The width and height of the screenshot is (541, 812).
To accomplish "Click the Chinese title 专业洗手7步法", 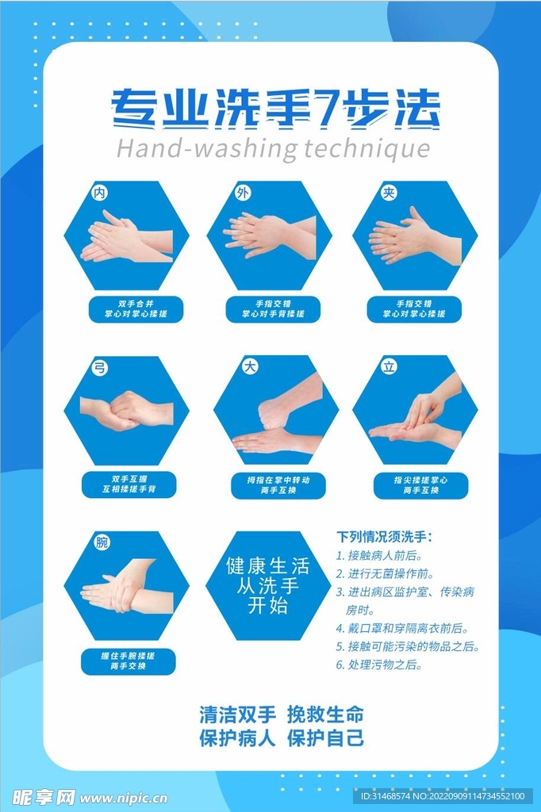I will click(x=274, y=109).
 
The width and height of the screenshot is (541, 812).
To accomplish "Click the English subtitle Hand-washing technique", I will click(x=274, y=148).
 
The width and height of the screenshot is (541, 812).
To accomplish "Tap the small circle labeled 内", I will click(x=100, y=193).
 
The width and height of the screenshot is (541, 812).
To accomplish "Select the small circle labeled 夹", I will click(x=389, y=193).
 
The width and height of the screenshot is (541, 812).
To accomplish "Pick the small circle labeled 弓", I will click(x=100, y=367).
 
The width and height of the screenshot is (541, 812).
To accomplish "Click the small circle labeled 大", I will click(x=249, y=367).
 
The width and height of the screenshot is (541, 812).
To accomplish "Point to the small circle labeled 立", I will click(x=389, y=367).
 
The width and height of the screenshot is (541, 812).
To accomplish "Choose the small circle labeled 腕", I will click(x=102, y=543).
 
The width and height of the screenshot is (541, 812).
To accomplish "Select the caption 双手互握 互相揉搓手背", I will click(x=129, y=484).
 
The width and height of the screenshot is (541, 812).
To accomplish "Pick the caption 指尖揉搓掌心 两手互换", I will click(x=420, y=485).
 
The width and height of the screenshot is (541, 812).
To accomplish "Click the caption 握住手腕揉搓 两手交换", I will click(x=129, y=661).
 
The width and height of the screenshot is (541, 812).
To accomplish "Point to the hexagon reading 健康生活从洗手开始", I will click(x=268, y=586).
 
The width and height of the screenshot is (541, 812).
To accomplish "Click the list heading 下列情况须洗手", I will click(x=384, y=537).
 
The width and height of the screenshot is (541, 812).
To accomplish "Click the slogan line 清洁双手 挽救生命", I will click(x=282, y=714).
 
